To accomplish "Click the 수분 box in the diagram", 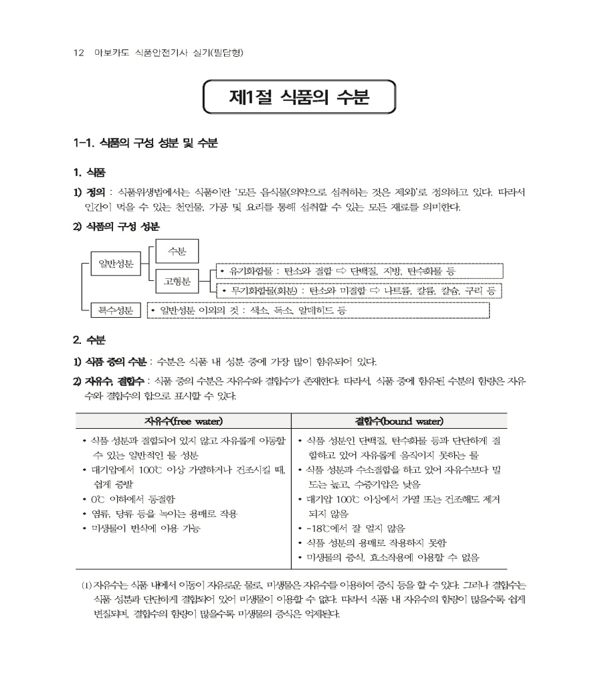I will tap(177, 251).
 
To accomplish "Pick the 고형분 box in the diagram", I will tap(177, 282).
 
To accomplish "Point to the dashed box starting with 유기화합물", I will tap(359, 271).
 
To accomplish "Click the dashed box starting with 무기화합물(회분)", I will tap(359, 291).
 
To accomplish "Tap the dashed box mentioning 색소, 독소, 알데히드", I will tap(318, 310).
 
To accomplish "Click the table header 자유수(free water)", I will tap(183, 421).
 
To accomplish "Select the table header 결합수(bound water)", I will tap(399, 421).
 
